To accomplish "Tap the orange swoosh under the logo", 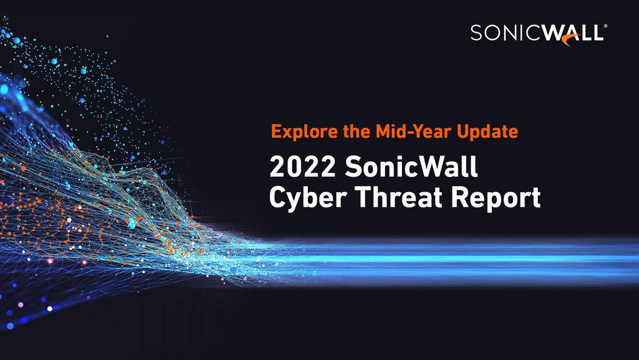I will click(x=573, y=43).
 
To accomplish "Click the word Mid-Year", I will click(x=400, y=132).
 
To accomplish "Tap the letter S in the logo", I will click(x=477, y=34).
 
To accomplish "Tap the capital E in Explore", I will click(x=275, y=132).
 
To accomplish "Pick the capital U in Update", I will click(x=465, y=132).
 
